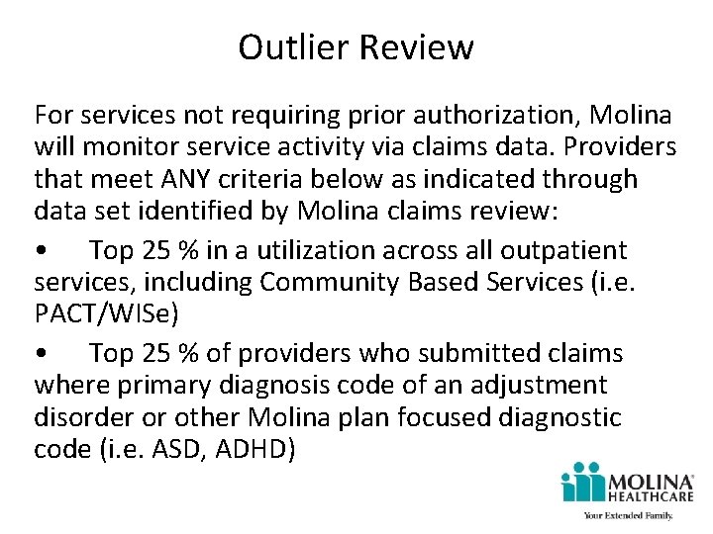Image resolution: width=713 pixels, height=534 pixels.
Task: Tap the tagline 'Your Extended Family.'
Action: pos(628,516)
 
